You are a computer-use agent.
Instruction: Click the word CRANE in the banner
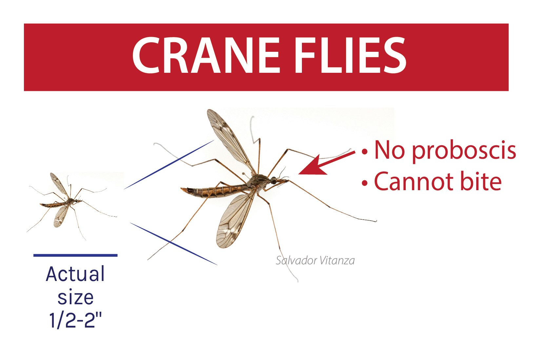point(206,55)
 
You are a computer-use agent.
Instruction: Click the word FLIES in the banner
point(351,55)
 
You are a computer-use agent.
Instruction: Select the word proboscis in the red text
point(464,151)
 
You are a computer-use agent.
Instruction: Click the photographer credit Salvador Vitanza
point(315,260)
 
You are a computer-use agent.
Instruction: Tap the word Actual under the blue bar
point(75,274)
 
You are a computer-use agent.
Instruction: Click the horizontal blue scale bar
point(75,255)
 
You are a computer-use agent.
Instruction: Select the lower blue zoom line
point(173,244)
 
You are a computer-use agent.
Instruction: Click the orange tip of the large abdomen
point(184,190)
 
